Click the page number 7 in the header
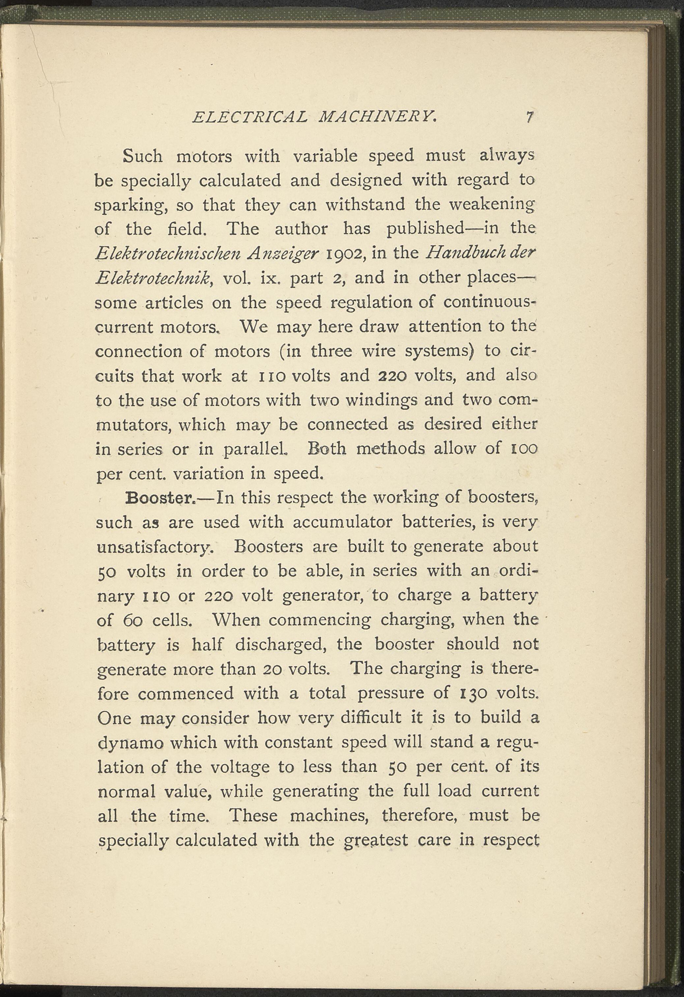[530, 117]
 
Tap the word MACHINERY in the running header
[377, 117]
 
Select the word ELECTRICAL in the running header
[250, 117]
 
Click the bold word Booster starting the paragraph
[161, 498]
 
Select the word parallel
[256, 449]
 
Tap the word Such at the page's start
[142, 156]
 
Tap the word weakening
[492, 205]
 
